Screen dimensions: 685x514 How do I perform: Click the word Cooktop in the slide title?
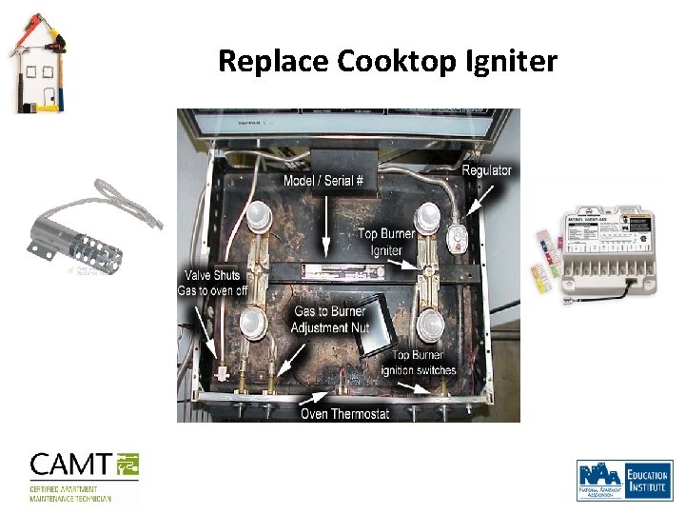[397, 62]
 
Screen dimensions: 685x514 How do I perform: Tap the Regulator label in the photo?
[487, 170]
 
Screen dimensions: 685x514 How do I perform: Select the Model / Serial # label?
[326, 180]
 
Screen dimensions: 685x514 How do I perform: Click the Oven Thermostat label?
[344, 413]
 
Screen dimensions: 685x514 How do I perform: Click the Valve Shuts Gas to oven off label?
[207, 283]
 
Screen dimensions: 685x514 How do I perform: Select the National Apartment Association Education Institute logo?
[623, 480]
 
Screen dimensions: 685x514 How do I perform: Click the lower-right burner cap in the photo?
[430, 324]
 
